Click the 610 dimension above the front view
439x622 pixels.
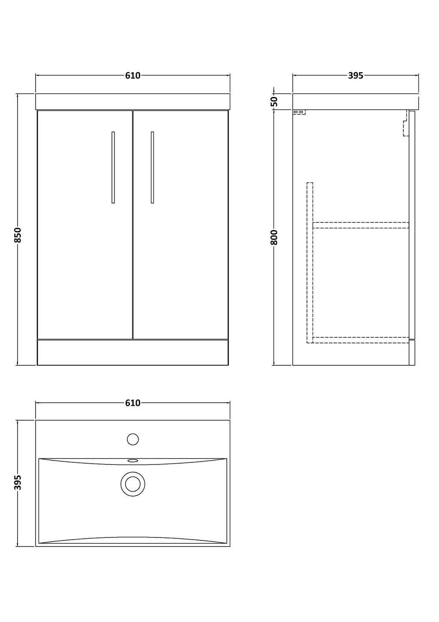pyautogui.click(x=132, y=76)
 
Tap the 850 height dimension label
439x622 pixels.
pyautogui.click(x=18, y=235)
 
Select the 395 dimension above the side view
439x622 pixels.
pyautogui.click(x=355, y=76)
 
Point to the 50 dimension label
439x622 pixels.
pyautogui.click(x=274, y=102)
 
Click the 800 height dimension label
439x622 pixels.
pyautogui.click(x=274, y=237)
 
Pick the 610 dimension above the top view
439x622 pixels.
pyautogui.click(x=132, y=403)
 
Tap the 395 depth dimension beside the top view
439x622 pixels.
pyautogui.click(x=18, y=482)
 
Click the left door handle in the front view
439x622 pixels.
pyautogui.click(x=113, y=167)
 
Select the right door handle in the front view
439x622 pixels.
pyautogui.click(x=152, y=167)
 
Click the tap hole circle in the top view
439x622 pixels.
pyautogui.click(x=132, y=439)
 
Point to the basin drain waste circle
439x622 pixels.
pyautogui.click(x=132, y=484)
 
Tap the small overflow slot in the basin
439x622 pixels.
pyautogui.click(x=132, y=461)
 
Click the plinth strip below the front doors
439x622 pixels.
pyautogui.click(x=132, y=352)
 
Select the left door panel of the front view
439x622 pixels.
pyautogui.click(x=84, y=225)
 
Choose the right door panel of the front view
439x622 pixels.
pyautogui.click(x=180, y=225)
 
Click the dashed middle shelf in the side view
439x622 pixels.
pyautogui.click(x=361, y=225)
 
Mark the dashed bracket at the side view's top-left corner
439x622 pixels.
pyautogui.click(x=299, y=112)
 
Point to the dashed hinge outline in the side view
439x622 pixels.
pyautogui.click(x=406, y=123)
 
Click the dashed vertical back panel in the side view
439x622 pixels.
pyautogui.click(x=310, y=263)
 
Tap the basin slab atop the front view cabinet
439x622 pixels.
pyautogui.click(x=132, y=101)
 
